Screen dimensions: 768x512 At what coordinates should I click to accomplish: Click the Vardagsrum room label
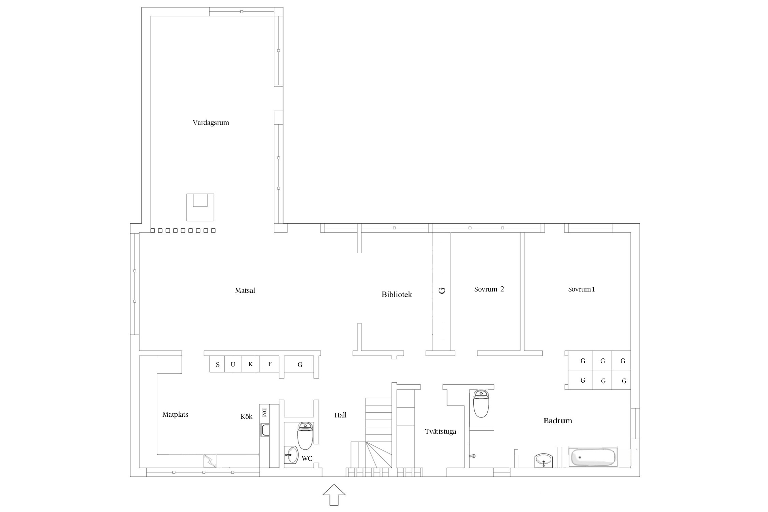211,123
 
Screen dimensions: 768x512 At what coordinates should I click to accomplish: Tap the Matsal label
245,290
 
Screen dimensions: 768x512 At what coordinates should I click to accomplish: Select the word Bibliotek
397,294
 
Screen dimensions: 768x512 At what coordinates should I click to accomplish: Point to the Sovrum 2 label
489,289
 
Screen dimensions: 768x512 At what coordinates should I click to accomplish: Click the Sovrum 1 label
581,289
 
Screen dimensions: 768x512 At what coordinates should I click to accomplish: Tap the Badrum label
558,421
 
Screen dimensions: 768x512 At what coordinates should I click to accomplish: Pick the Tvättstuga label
440,431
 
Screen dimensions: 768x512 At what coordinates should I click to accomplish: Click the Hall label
340,415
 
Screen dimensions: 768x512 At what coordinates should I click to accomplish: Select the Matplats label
175,414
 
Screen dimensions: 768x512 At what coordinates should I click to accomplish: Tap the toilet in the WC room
305,436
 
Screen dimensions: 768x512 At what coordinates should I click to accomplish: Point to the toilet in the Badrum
481,404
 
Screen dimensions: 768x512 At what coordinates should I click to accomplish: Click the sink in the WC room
291,455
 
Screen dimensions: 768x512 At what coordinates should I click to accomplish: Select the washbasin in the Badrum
543,460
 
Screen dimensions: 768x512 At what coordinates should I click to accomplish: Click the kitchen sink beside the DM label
265,430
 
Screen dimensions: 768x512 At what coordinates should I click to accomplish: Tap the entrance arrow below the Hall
334,495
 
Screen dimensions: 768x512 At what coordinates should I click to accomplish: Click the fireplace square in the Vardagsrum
200,207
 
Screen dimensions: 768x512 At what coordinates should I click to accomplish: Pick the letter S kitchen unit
217,364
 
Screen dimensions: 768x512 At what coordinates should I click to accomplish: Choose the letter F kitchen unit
270,364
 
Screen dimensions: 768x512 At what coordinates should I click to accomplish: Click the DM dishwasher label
264,412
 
